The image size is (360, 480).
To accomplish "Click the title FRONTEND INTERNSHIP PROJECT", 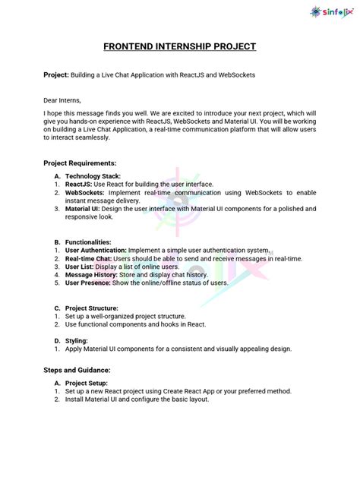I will click(180, 47).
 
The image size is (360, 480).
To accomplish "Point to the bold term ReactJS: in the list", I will click(79, 184).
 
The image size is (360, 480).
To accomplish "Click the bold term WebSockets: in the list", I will click(84, 192).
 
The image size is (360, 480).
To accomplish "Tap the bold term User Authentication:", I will click(96, 250).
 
